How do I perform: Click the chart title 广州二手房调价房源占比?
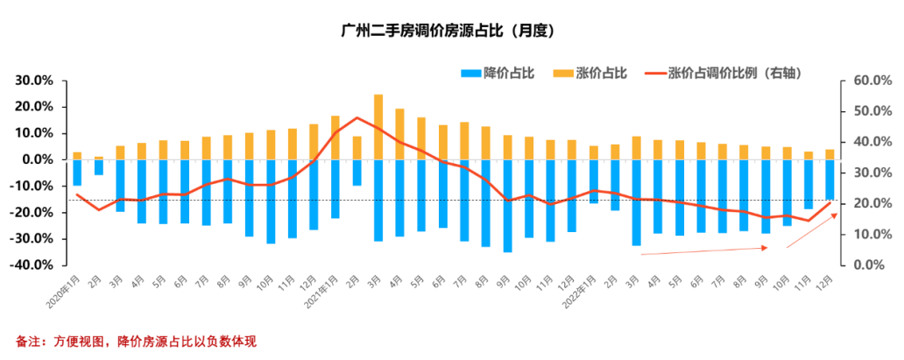[449, 31]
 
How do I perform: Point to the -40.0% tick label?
[35, 265]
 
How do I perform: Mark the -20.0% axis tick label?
[35, 212]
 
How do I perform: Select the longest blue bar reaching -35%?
[507, 206]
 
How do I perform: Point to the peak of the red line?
[357, 117]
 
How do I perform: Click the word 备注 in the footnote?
[28, 341]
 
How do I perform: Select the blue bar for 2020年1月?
[77, 173]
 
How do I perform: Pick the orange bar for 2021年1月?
[335, 138]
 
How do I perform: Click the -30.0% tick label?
[35, 238]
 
